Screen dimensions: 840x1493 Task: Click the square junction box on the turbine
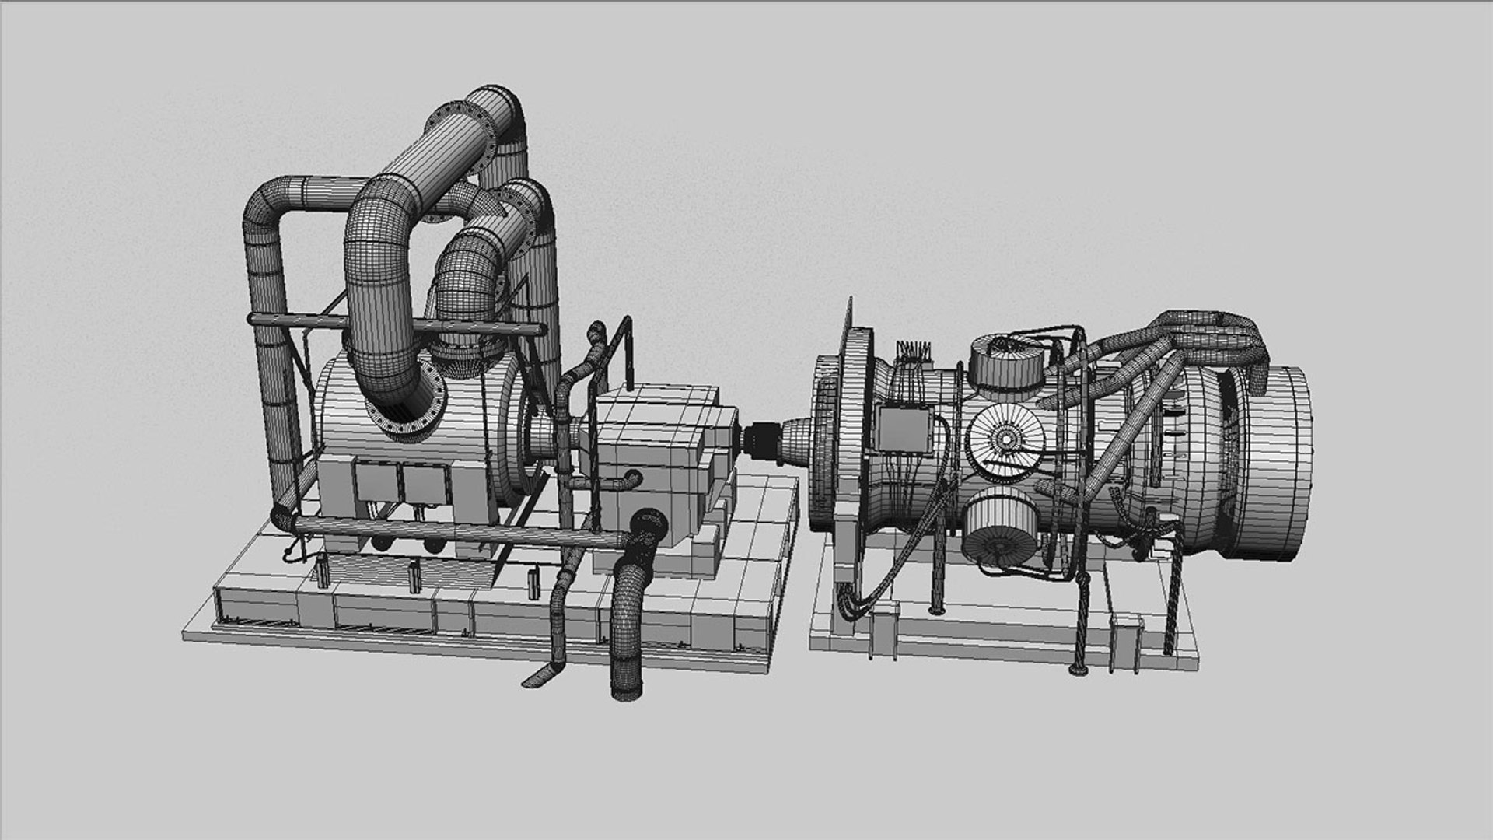tap(904, 429)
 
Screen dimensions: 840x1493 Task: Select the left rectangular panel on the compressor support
tap(376, 483)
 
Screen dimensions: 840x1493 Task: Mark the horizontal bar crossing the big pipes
tap(393, 325)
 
